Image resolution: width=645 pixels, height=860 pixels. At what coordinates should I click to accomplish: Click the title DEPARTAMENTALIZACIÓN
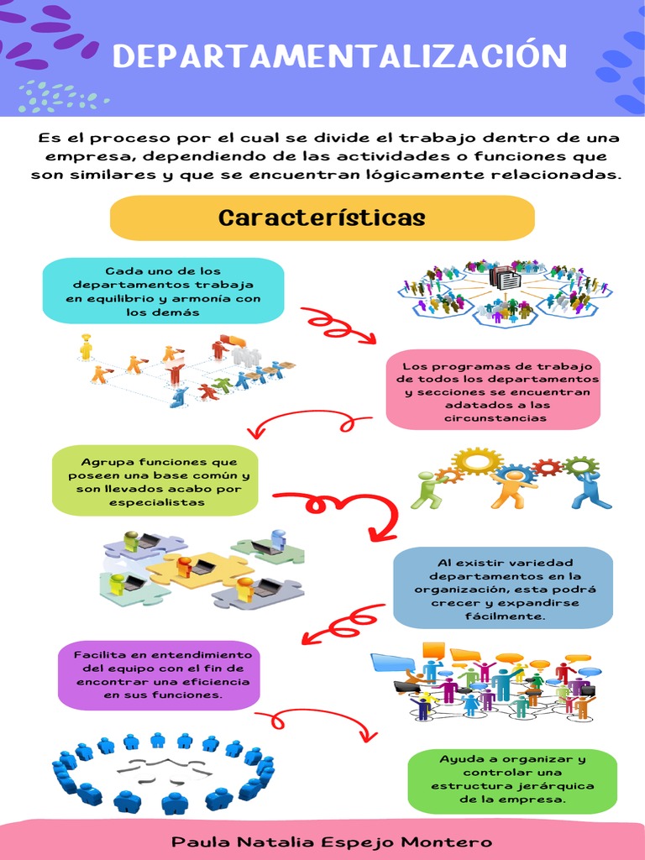pos(339,56)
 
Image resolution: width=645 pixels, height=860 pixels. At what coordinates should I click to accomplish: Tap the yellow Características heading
pos(322,218)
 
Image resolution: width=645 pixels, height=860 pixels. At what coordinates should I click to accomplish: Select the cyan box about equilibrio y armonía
pos(163,291)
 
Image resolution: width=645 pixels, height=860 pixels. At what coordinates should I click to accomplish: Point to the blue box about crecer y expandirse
pos(503,588)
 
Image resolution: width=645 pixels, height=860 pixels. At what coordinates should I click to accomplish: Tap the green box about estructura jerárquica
pos(511,780)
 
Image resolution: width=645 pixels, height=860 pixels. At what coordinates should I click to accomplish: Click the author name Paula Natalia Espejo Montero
pos(332,842)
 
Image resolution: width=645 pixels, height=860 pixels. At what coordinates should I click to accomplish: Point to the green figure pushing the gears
pos(427,490)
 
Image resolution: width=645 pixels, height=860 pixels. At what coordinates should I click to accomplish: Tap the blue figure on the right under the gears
pos(590,490)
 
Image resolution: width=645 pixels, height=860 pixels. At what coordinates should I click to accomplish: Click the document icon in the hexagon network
pos(505,278)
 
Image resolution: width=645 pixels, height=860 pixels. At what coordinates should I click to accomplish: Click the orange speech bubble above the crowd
pos(433,649)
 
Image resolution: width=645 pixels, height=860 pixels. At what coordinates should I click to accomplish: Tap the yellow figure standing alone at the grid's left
pos(86,346)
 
